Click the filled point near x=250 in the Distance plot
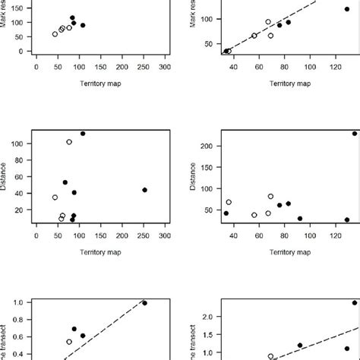point(144,190)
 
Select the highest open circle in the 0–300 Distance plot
point(69,142)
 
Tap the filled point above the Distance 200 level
point(354,134)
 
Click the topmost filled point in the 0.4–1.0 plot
point(144,303)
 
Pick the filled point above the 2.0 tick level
point(354,303)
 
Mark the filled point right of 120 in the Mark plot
point(347,9)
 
